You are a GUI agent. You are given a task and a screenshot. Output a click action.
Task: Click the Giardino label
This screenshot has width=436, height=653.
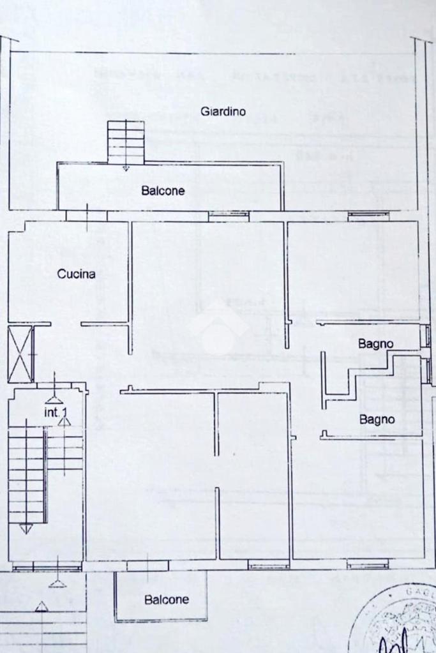click(223, 111)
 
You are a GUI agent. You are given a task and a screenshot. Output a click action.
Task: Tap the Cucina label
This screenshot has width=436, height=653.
click(76, 274)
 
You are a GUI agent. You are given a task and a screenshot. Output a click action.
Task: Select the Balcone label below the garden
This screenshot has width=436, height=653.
click(163, 190)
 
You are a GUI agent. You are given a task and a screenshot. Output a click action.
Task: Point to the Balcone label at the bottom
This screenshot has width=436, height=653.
click(166, 600)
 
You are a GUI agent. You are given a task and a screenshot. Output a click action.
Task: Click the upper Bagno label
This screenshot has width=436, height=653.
click(375, 344)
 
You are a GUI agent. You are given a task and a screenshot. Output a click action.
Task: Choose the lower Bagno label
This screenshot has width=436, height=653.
click(377, 419)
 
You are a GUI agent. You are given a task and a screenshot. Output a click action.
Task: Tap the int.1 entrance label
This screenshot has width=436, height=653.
click(55, 413)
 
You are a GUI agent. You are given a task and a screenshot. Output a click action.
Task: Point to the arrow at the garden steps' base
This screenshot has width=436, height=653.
click(126, 168)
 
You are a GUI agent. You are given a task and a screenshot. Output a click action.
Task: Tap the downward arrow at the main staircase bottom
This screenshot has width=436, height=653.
click(26, 529)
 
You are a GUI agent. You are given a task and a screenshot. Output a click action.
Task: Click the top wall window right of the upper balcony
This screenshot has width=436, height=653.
click(228, 216)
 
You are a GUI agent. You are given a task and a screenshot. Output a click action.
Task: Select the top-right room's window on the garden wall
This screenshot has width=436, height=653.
click(368, 216)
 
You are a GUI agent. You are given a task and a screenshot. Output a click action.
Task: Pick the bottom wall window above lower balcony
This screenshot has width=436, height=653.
click(147, 566)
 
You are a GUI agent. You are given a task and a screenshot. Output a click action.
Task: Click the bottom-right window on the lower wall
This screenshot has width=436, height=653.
click(368, 564)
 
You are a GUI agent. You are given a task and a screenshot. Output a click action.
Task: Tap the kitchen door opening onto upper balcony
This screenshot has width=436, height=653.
click(86, 216)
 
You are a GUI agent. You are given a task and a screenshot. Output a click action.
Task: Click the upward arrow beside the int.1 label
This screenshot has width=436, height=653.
click(63, 421)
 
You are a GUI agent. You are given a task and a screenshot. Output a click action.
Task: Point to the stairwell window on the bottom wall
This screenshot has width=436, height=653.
click(47, 566)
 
